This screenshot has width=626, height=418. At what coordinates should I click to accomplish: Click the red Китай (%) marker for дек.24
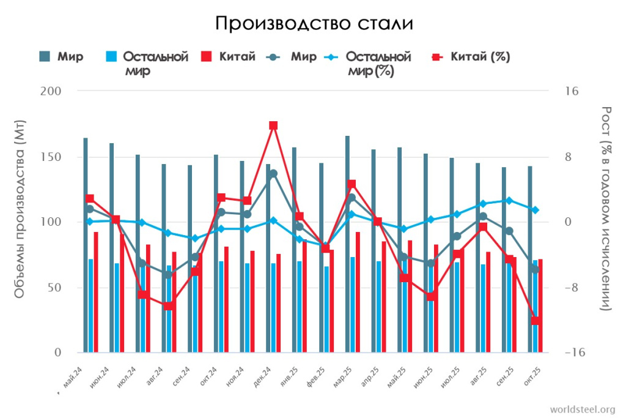(273, 125)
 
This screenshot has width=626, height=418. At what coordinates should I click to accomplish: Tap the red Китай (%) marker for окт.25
(535, 321)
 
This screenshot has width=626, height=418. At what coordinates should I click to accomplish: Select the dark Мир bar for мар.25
(347, 244)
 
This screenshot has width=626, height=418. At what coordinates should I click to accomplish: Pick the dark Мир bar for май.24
(86, 245)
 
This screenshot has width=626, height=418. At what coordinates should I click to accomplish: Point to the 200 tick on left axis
(53, 91)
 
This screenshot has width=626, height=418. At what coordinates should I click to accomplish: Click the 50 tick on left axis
(56, 288)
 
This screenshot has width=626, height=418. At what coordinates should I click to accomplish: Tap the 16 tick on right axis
(572, 91)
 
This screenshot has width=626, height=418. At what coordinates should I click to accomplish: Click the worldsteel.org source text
(582, 409)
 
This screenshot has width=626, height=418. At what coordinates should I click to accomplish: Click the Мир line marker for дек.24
(273, 174)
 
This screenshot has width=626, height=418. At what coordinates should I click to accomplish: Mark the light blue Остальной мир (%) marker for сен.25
(509, 200)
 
